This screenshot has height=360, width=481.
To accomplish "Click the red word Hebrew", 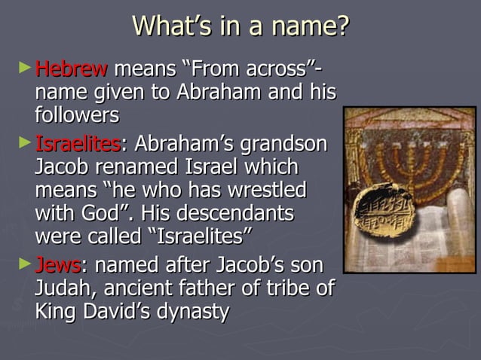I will pyautogui.click(x=72, y=70).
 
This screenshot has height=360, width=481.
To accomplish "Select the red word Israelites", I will pyautogui.click(x=78, y=143).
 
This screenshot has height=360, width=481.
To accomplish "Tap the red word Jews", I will pyautogui.click(x=58, y=265).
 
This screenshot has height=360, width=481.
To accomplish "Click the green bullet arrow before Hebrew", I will pyautogui.click(x=26, y=69).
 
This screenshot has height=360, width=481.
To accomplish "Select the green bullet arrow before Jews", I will pyautogui.click(x=26, y=264).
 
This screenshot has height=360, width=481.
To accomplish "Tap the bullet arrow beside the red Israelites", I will pyautogui.click(x=26, y=142).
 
